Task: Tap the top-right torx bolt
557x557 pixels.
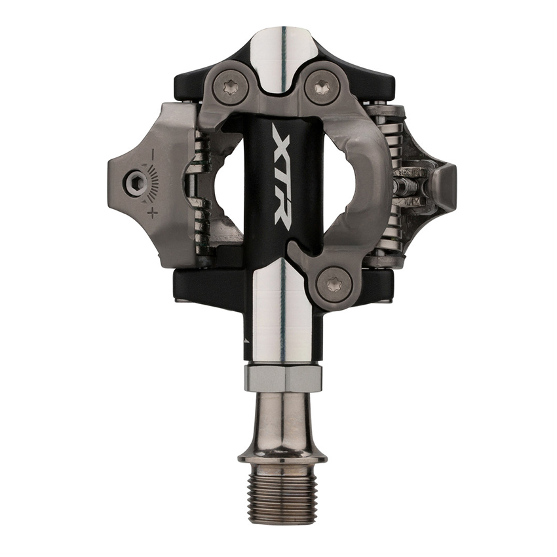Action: (322, 86)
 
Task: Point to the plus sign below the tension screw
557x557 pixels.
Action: (153, 212)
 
